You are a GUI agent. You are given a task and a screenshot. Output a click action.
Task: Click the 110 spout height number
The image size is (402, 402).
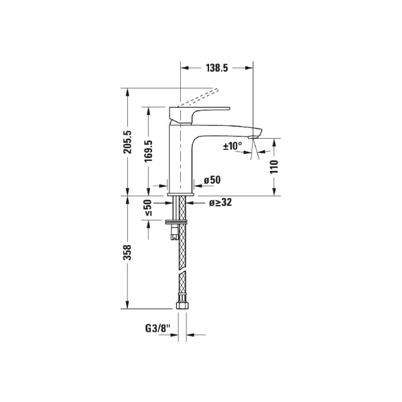tap(274, 167)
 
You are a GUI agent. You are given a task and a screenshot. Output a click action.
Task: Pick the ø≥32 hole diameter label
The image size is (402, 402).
tap(220, 202)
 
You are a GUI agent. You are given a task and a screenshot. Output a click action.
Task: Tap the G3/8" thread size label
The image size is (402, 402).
tap(158, 329)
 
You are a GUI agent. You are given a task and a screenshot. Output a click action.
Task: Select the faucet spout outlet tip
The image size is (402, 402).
tap(253, 137)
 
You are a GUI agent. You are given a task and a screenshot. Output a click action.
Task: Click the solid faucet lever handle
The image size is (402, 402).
tap(201, 110)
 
